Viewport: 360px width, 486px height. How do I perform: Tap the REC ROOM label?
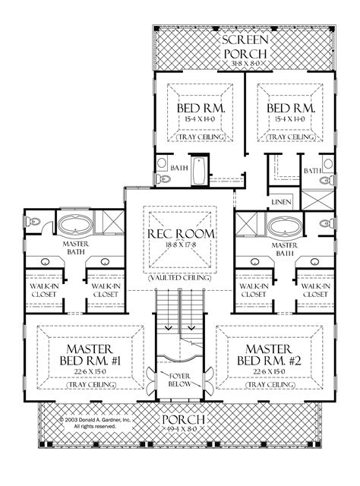click(x=180, y=233)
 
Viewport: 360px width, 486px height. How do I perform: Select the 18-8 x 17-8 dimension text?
click(x=180, y=246)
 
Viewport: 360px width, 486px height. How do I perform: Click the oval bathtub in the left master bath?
click(x=74, y=227)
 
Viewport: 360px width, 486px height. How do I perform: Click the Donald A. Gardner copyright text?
click(x=96, y=422)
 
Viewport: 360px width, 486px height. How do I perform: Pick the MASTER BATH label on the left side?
click(x=74, y=248)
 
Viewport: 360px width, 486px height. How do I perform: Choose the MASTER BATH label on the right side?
click(x=285, y=248)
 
